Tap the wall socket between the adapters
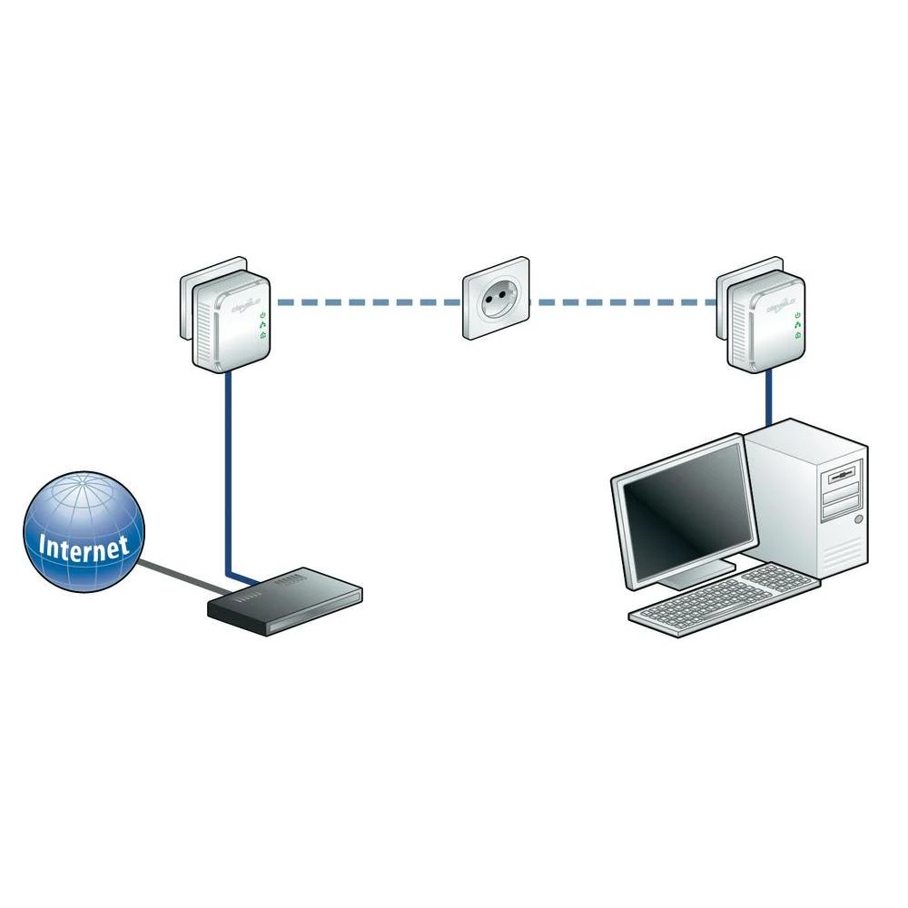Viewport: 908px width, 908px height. (x=496, y=299)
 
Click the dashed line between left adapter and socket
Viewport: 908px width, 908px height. (x=368, y=301)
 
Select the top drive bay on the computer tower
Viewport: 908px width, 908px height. (x=841, y=473)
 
